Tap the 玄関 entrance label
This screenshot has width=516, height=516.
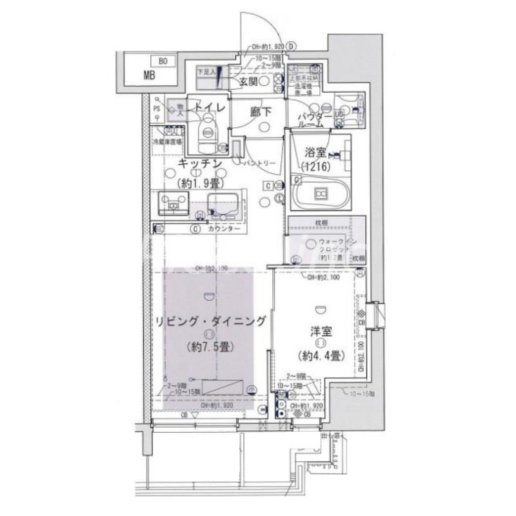coord(250,81)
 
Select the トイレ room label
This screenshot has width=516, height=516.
coord(209,108)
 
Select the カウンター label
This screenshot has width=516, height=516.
coord(224,230)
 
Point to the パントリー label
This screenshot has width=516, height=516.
coord(261,164)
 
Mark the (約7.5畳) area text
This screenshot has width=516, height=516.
coord(208,346)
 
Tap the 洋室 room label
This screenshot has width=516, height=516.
coord(321,332)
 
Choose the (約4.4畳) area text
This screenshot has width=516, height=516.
coord(321,355)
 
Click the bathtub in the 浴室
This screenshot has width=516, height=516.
coord(321,193)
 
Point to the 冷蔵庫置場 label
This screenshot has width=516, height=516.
coord(167,141)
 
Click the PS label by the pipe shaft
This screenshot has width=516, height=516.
coord(157,109)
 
